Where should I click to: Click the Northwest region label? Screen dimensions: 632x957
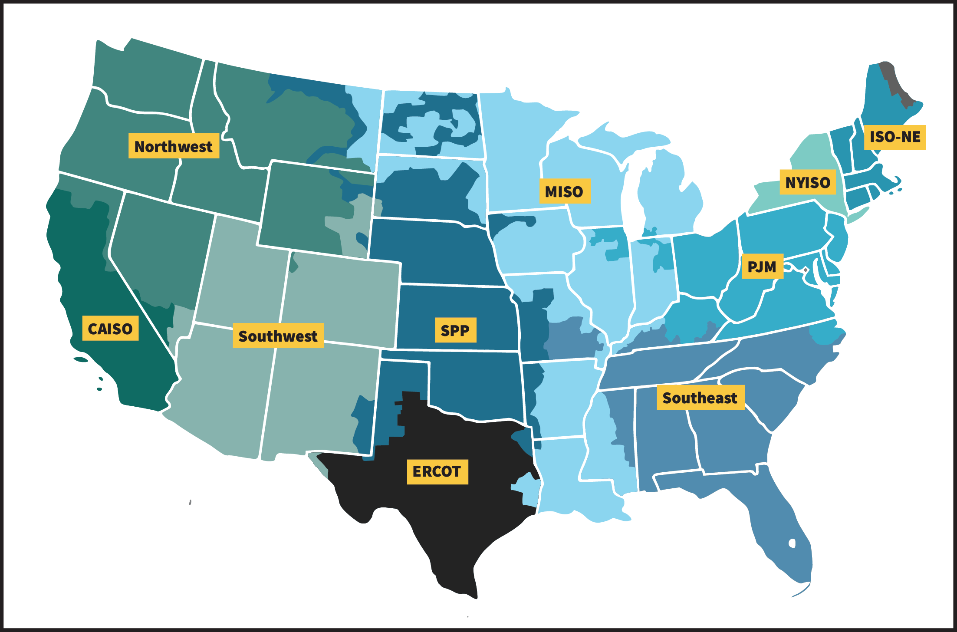point(174,146)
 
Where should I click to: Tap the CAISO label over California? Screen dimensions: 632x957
point(110,329)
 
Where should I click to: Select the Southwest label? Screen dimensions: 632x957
point(278,336)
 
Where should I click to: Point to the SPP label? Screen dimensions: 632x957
point(455,330)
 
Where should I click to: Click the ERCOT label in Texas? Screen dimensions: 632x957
point(437,471)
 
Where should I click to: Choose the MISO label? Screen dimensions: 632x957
point(565,191)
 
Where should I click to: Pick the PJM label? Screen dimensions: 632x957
point(762,266)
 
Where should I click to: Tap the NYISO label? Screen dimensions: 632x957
point(808,182)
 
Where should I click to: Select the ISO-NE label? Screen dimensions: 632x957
point(895,137)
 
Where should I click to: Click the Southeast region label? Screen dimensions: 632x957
point(700,397)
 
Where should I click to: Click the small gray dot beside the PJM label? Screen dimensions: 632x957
point(806,270)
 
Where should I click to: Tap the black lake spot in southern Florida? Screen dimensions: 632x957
point(792,543)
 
